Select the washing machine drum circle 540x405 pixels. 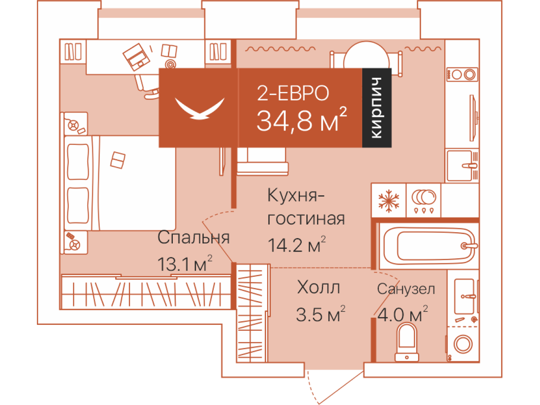[463, 343]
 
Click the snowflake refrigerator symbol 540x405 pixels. [388, 200]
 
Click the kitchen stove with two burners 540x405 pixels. [462, 74]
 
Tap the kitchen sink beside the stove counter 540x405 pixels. [463, 166]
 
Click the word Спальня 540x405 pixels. [193, 238]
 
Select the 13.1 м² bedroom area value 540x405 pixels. [184, 263]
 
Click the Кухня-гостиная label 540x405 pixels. [306, 207]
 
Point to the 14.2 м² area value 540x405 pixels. [297, 244]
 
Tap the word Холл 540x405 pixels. [319, 287]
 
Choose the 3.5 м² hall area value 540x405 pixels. [320, 314]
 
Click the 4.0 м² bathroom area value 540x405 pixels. [402, 314]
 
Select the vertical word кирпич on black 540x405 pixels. [376, 108]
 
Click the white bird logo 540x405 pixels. [200, 108]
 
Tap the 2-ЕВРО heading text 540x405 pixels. [293, 93]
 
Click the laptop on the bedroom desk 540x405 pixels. [136, 57]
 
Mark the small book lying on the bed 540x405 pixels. [117, 160]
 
